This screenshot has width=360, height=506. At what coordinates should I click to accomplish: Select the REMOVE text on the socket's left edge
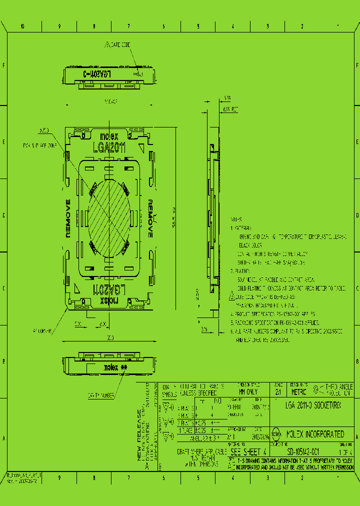(x=68, y=218)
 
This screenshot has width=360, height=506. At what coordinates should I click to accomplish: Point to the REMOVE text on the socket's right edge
(x=150, y=218)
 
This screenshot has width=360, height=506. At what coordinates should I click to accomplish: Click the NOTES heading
(x=236, y=219)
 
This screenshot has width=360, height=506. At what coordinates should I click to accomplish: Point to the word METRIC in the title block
(x=298, y=392)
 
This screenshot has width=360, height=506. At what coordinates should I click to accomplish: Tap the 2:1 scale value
(x=278, y=392)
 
